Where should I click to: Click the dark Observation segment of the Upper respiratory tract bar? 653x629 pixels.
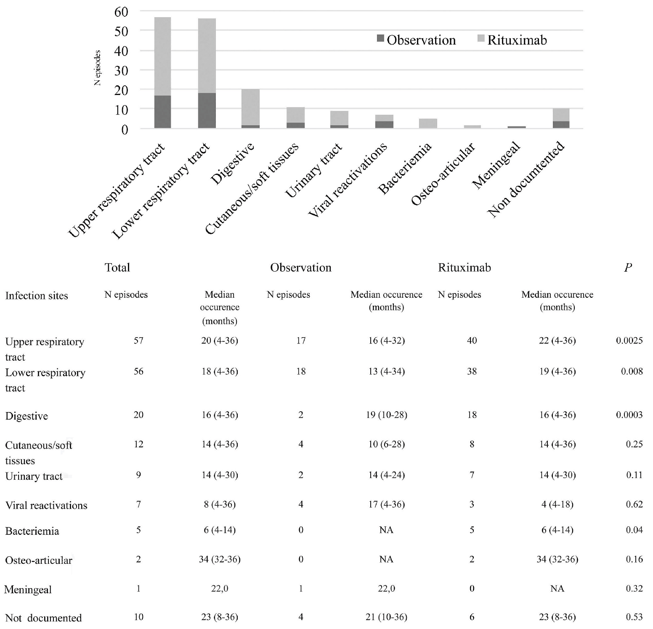pyautogui.click(x=162, y=112)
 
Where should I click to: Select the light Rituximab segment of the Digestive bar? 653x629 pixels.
pyautogui.click(x=250, y=107)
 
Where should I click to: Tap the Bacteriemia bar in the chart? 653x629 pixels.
pyautogui.click(x=428, y=124)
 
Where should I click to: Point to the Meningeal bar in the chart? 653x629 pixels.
pyautogui.click(x=516, y=127)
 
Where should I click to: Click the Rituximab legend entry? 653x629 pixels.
pyautogui.click(x=512, y=40)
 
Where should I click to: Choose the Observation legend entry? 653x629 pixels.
pyautogui.click(x=417, y=40)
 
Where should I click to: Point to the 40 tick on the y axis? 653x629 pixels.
pyautogui.click(x=121, y=51)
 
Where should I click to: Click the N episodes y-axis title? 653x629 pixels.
pyautogui.click(x=98, y=68)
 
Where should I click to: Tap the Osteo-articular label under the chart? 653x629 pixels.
pyautogui.click(x=443, y=174)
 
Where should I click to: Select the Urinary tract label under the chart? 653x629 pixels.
pyautogui.click(x=314, y=170)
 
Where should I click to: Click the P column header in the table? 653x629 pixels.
pyautogui.click(x=628, y=268)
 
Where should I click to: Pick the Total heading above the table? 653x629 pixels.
pyautogui.click(x=117, y=267)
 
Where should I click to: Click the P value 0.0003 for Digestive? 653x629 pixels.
pyautogui.click(x=629, y=415)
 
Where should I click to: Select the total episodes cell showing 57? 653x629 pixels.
pyautogui.click(x=138, y=341)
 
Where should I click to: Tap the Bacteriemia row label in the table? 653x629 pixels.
pyautogui.click(x=32, y=531)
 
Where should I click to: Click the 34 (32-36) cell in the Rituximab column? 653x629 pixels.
pyautogui.click(x=557, y=559)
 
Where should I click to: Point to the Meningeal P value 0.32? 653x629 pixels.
pyautogui.click(x=634, y=589)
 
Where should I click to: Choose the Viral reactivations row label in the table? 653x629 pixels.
pyautogui.click(x=46, y=505)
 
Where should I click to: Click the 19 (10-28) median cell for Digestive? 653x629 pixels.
pyautogui.click(x=386, y=415)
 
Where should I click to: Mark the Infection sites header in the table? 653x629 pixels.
pyautogui.click(x=37, y=296)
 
